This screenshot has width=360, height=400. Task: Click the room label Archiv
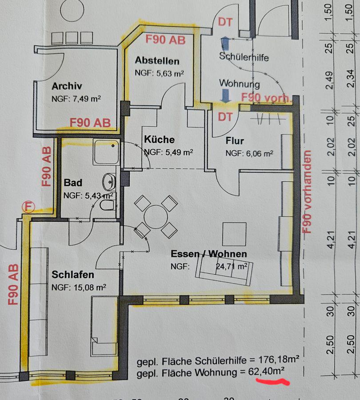pos(67,86)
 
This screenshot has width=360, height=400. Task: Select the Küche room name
pos(160,140)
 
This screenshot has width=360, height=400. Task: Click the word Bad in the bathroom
pos(73,183)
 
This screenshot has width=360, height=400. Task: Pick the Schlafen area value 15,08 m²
pos(90,288)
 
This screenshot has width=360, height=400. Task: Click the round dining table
pos(156,217)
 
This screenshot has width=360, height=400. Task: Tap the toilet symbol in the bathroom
pos(107,205)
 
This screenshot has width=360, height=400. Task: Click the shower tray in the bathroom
pos(106,152)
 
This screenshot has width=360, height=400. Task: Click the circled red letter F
pos(28,207)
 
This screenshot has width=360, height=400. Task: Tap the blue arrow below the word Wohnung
pos(225,96)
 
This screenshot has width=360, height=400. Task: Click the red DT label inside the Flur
pos(225,117)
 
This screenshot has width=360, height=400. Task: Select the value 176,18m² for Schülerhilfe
pos(279,360)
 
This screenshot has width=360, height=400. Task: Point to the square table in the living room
pos(235,234)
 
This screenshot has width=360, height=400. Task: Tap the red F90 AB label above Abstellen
pos(165,40)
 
